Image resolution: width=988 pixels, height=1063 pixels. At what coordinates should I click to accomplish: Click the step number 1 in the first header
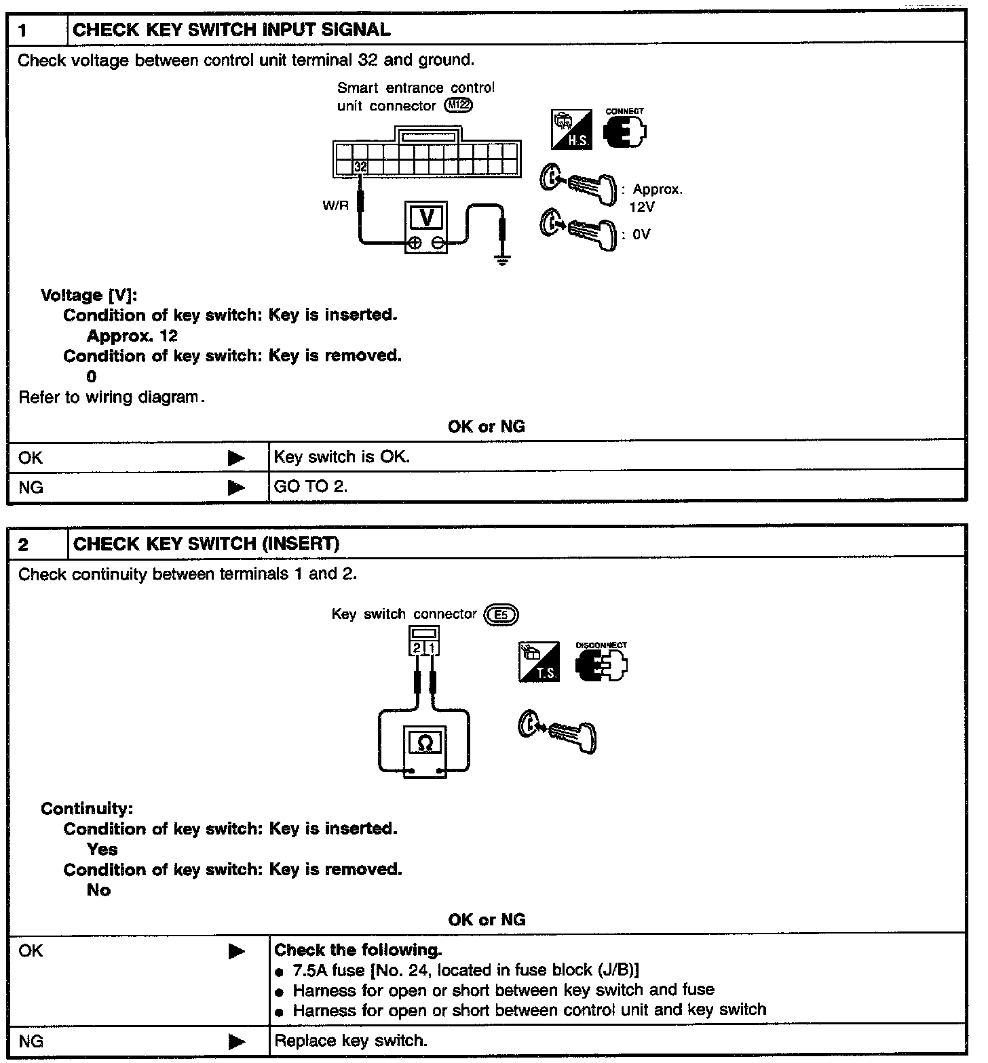[24, 30]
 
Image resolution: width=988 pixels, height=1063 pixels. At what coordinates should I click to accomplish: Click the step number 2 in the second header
[24, 544]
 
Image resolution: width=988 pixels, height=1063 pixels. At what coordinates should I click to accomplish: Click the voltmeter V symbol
[427, 218]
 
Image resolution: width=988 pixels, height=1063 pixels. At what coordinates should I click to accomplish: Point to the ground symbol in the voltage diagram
[502, 258]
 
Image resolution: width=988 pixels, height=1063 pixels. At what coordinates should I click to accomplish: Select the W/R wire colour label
[335, 205]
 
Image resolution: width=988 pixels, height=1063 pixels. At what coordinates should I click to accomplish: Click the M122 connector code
[458, 106]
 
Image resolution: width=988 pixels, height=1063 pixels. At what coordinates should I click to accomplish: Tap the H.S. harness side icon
[571, 129]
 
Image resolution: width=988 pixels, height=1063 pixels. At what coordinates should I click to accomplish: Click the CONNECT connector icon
[625, 129]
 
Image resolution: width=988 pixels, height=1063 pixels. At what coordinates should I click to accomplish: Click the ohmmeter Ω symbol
[425, 743]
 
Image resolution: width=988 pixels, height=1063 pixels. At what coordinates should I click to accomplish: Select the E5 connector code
[501, 615]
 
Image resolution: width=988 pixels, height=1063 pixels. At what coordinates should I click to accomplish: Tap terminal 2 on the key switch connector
[417, 648]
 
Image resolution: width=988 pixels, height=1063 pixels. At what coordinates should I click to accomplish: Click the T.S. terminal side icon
[539, 662]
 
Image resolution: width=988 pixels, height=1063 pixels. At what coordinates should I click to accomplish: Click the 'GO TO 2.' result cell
[311, 487]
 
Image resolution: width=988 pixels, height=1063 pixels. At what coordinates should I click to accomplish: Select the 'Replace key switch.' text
[350, 1041]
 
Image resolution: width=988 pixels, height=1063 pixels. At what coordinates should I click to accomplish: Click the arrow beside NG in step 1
[236, 487]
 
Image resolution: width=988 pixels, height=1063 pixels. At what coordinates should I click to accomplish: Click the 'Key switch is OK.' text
[342, 457]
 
